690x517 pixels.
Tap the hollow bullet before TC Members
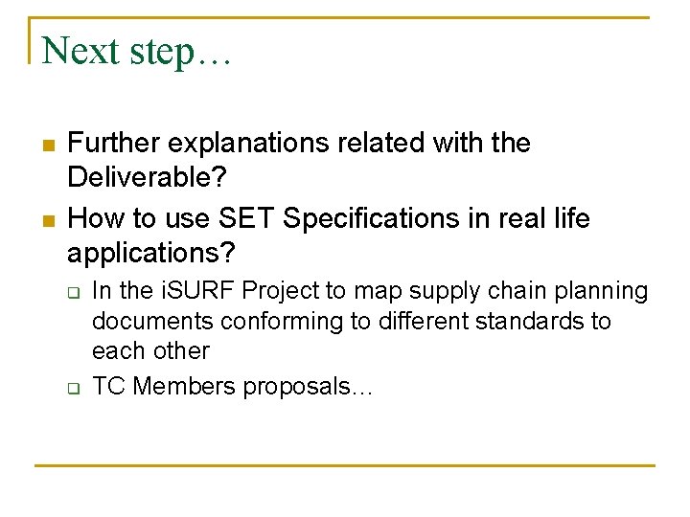click(x=73, y=388)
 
